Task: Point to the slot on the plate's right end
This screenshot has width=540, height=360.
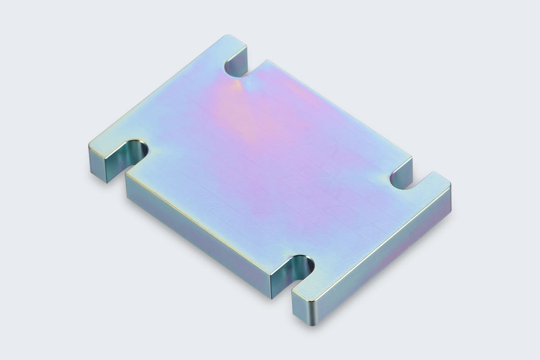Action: pyautogui.click(x=403, y=180)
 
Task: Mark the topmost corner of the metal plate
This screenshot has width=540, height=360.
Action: pyautogui.click(x=230, y=36)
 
